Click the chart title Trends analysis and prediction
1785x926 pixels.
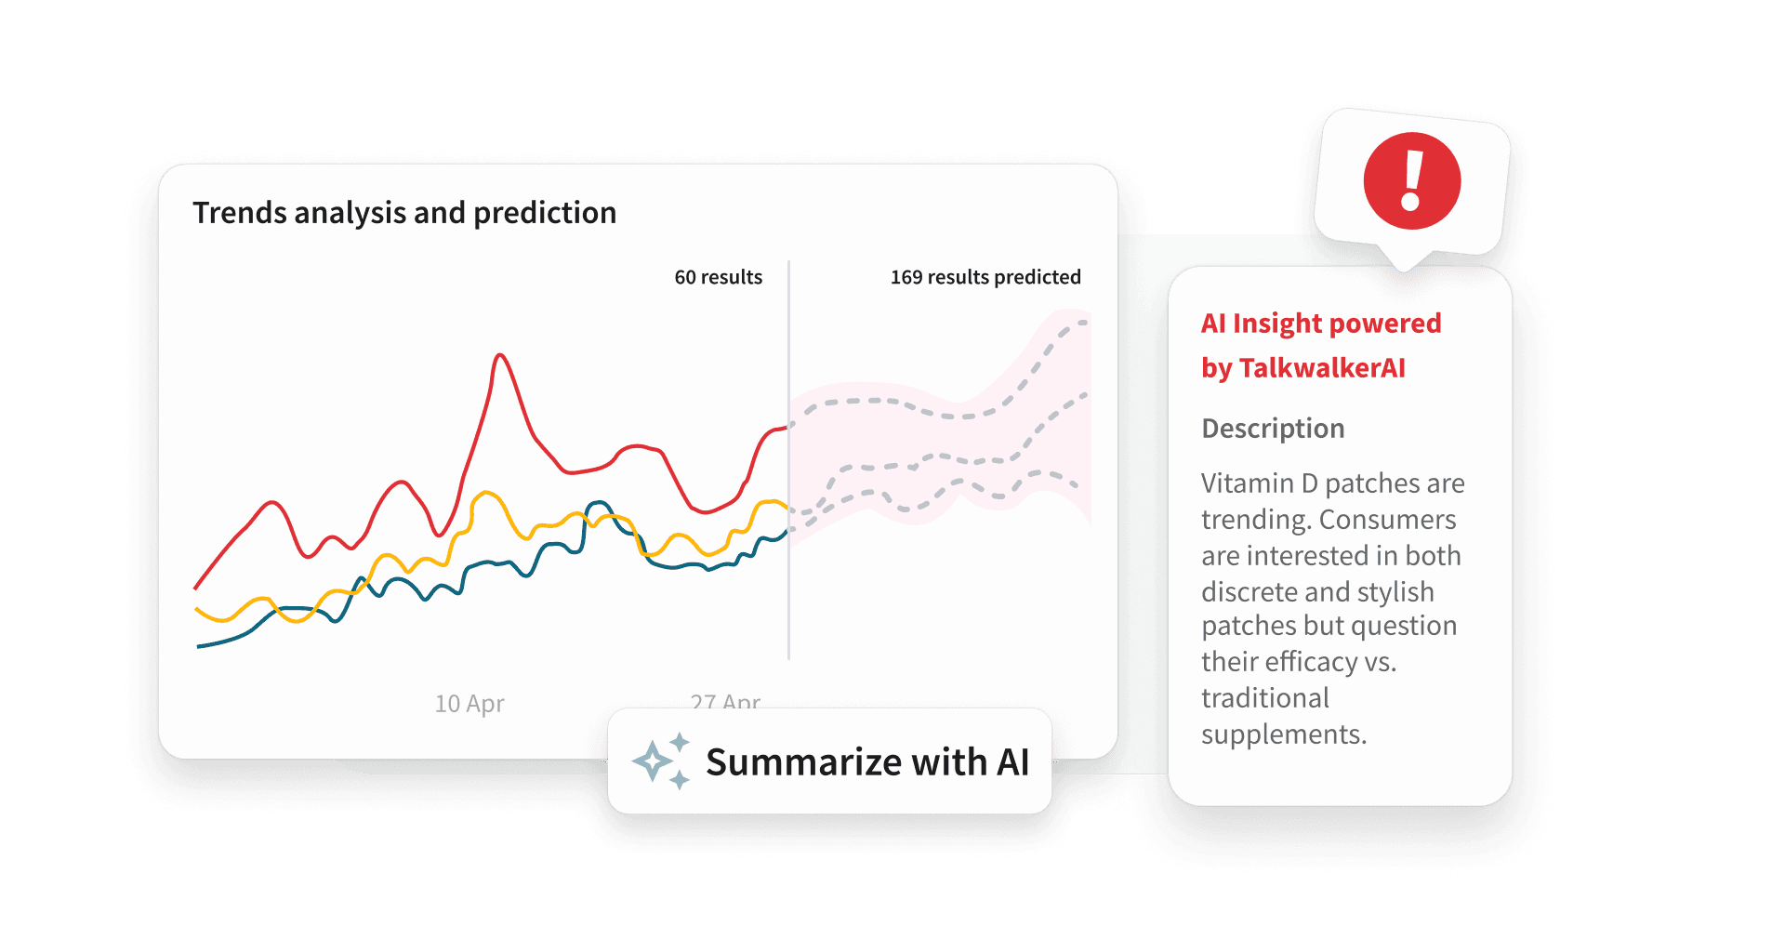[x=404, y=213]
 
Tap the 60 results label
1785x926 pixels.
[x=718, y=277]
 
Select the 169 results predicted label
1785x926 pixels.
[x=985, y=277]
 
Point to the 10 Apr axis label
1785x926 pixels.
[x=469, y=704]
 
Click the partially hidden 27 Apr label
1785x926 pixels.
[x=725, y=700]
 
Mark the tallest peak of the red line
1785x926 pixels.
[x=501, y=355]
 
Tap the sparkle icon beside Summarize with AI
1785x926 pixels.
[x=660, y=761]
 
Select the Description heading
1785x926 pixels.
[x=1273, y=429]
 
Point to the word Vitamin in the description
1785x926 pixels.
[x=1247, y=483]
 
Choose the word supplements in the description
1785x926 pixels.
[x=1283, y=734]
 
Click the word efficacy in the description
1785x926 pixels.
[x=1311, y=662]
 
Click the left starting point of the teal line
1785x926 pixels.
[x=199, y=645]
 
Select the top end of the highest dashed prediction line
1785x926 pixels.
[x=1084, y=323]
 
